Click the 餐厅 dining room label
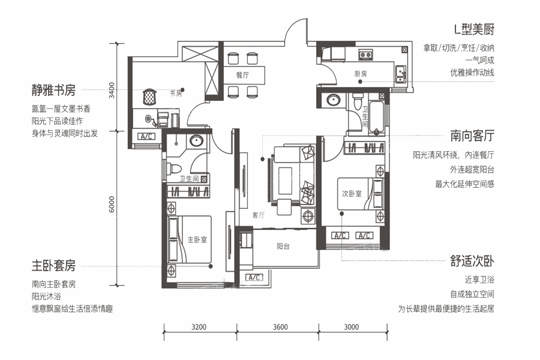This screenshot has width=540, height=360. [x=243, y=75]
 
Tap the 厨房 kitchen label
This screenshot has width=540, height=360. [x=361, y=74]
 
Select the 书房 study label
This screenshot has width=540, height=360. [x=176, y=94]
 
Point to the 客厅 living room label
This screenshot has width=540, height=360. [x=259, y=215]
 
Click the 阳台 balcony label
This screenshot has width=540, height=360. [x=283, y=247]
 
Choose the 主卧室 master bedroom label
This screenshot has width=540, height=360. [x=197, y=239]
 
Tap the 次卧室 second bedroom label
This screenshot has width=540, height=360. [x=352, y=194]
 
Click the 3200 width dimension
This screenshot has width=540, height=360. [x=199, y=327]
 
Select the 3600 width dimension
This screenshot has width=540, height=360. [x=280, y=327]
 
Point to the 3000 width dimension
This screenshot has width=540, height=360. [x=351, y=327]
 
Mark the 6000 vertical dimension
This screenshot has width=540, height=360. [x=112, y=204]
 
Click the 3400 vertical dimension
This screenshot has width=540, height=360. [x=112, y=90]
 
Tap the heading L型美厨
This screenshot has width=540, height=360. [x=474, y=29]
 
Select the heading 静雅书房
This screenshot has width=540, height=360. [x=53, y=90]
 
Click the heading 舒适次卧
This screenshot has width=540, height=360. [x=472, y=261]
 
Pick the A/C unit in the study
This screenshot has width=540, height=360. [x=147, y=136]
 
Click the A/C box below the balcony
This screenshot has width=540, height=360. [x=254, y=277]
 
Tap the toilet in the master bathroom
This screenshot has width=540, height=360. [x=174, y=169]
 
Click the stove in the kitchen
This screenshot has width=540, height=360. [x=366, y=54]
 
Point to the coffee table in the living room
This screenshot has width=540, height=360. [x=285, y=181]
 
